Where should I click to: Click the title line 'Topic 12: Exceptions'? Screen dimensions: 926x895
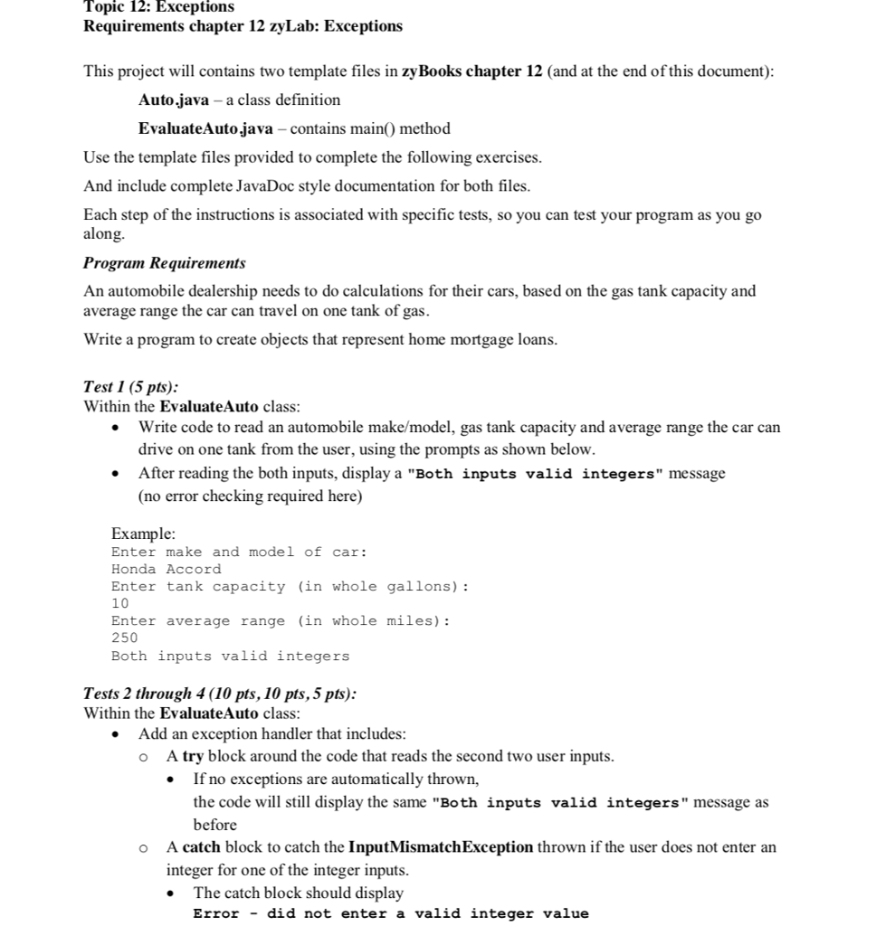158,6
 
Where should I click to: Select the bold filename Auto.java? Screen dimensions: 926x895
174,99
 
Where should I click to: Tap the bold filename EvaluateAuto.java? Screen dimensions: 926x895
205,128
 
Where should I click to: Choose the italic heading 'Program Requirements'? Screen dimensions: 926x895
164,263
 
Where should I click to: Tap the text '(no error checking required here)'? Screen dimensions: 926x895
250,496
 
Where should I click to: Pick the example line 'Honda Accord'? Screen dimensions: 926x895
166,569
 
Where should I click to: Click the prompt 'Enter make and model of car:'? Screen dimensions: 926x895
239,552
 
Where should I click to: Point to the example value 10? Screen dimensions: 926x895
120,603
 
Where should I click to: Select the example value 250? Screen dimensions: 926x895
125,638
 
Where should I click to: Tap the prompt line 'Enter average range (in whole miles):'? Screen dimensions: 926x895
281,620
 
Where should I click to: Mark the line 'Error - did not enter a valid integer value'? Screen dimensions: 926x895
391,913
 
